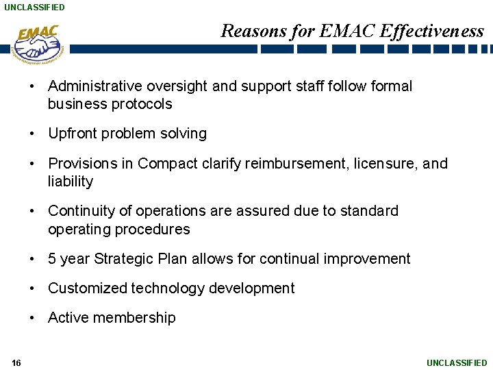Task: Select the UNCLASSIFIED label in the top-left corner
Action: coord(34,7)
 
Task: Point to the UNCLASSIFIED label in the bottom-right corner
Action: coord(457,362)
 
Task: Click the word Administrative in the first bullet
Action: coord(93,86)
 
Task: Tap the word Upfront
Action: coord(72,134)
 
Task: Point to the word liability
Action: coord(70,182)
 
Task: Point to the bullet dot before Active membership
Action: coord(33,318)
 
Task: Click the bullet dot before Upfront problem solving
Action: coord(33,134)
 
